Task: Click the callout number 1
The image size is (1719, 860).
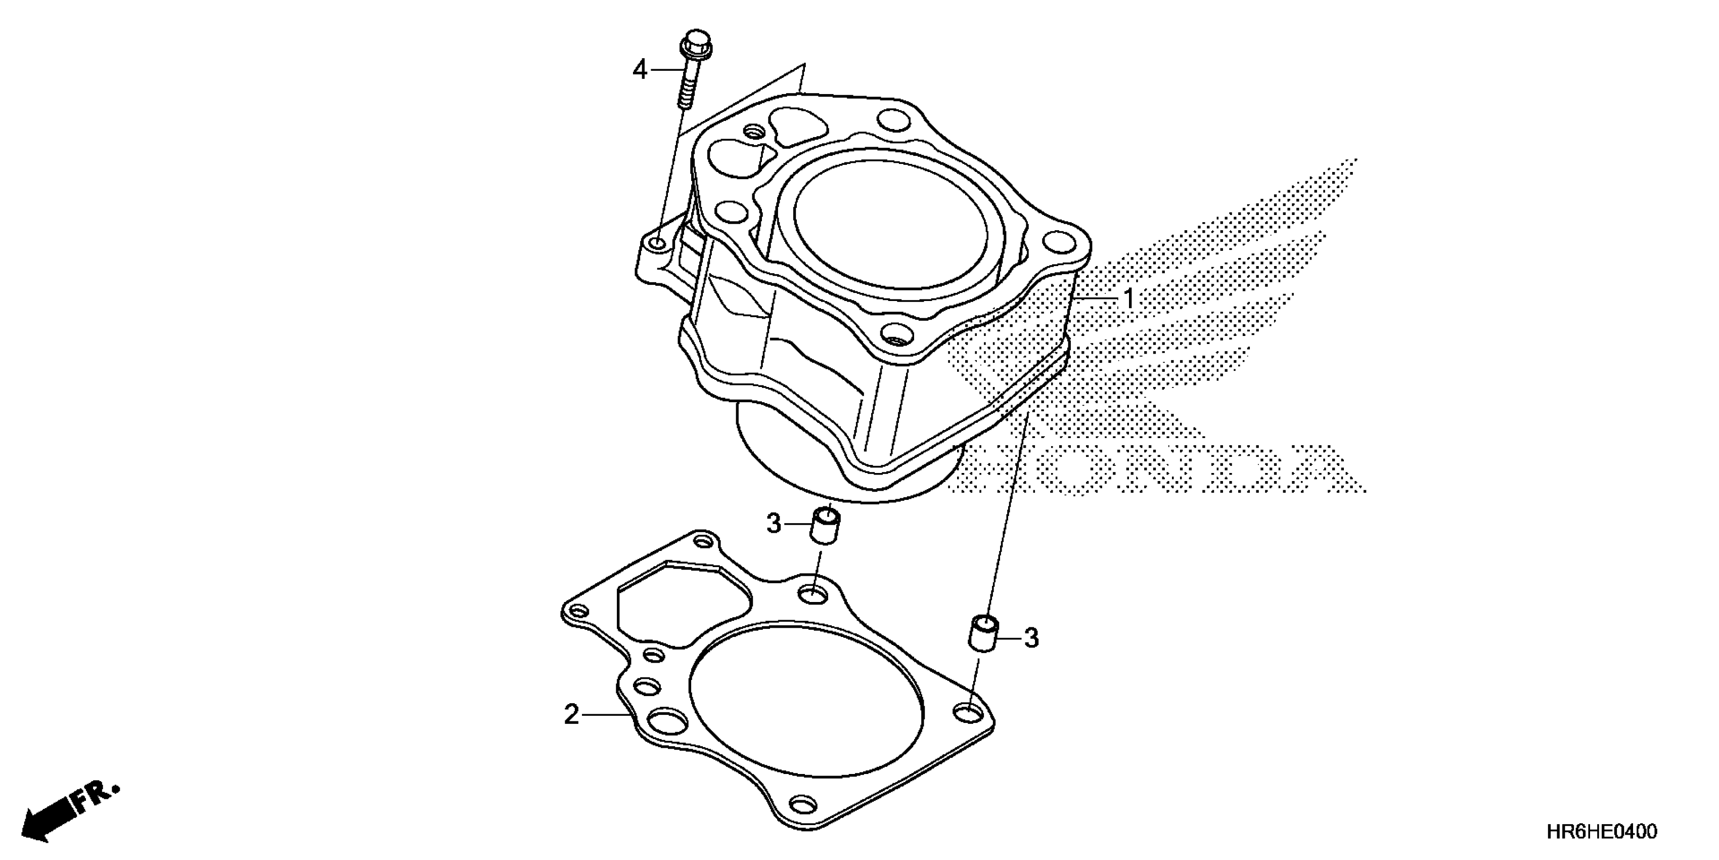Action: point(1128,299)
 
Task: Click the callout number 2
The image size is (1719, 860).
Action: point(572,714)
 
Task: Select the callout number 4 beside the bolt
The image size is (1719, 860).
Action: point(640,69)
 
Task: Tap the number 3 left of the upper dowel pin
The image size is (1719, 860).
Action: point(774,524)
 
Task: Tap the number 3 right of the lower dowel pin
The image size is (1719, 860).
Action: point(1032,638)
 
